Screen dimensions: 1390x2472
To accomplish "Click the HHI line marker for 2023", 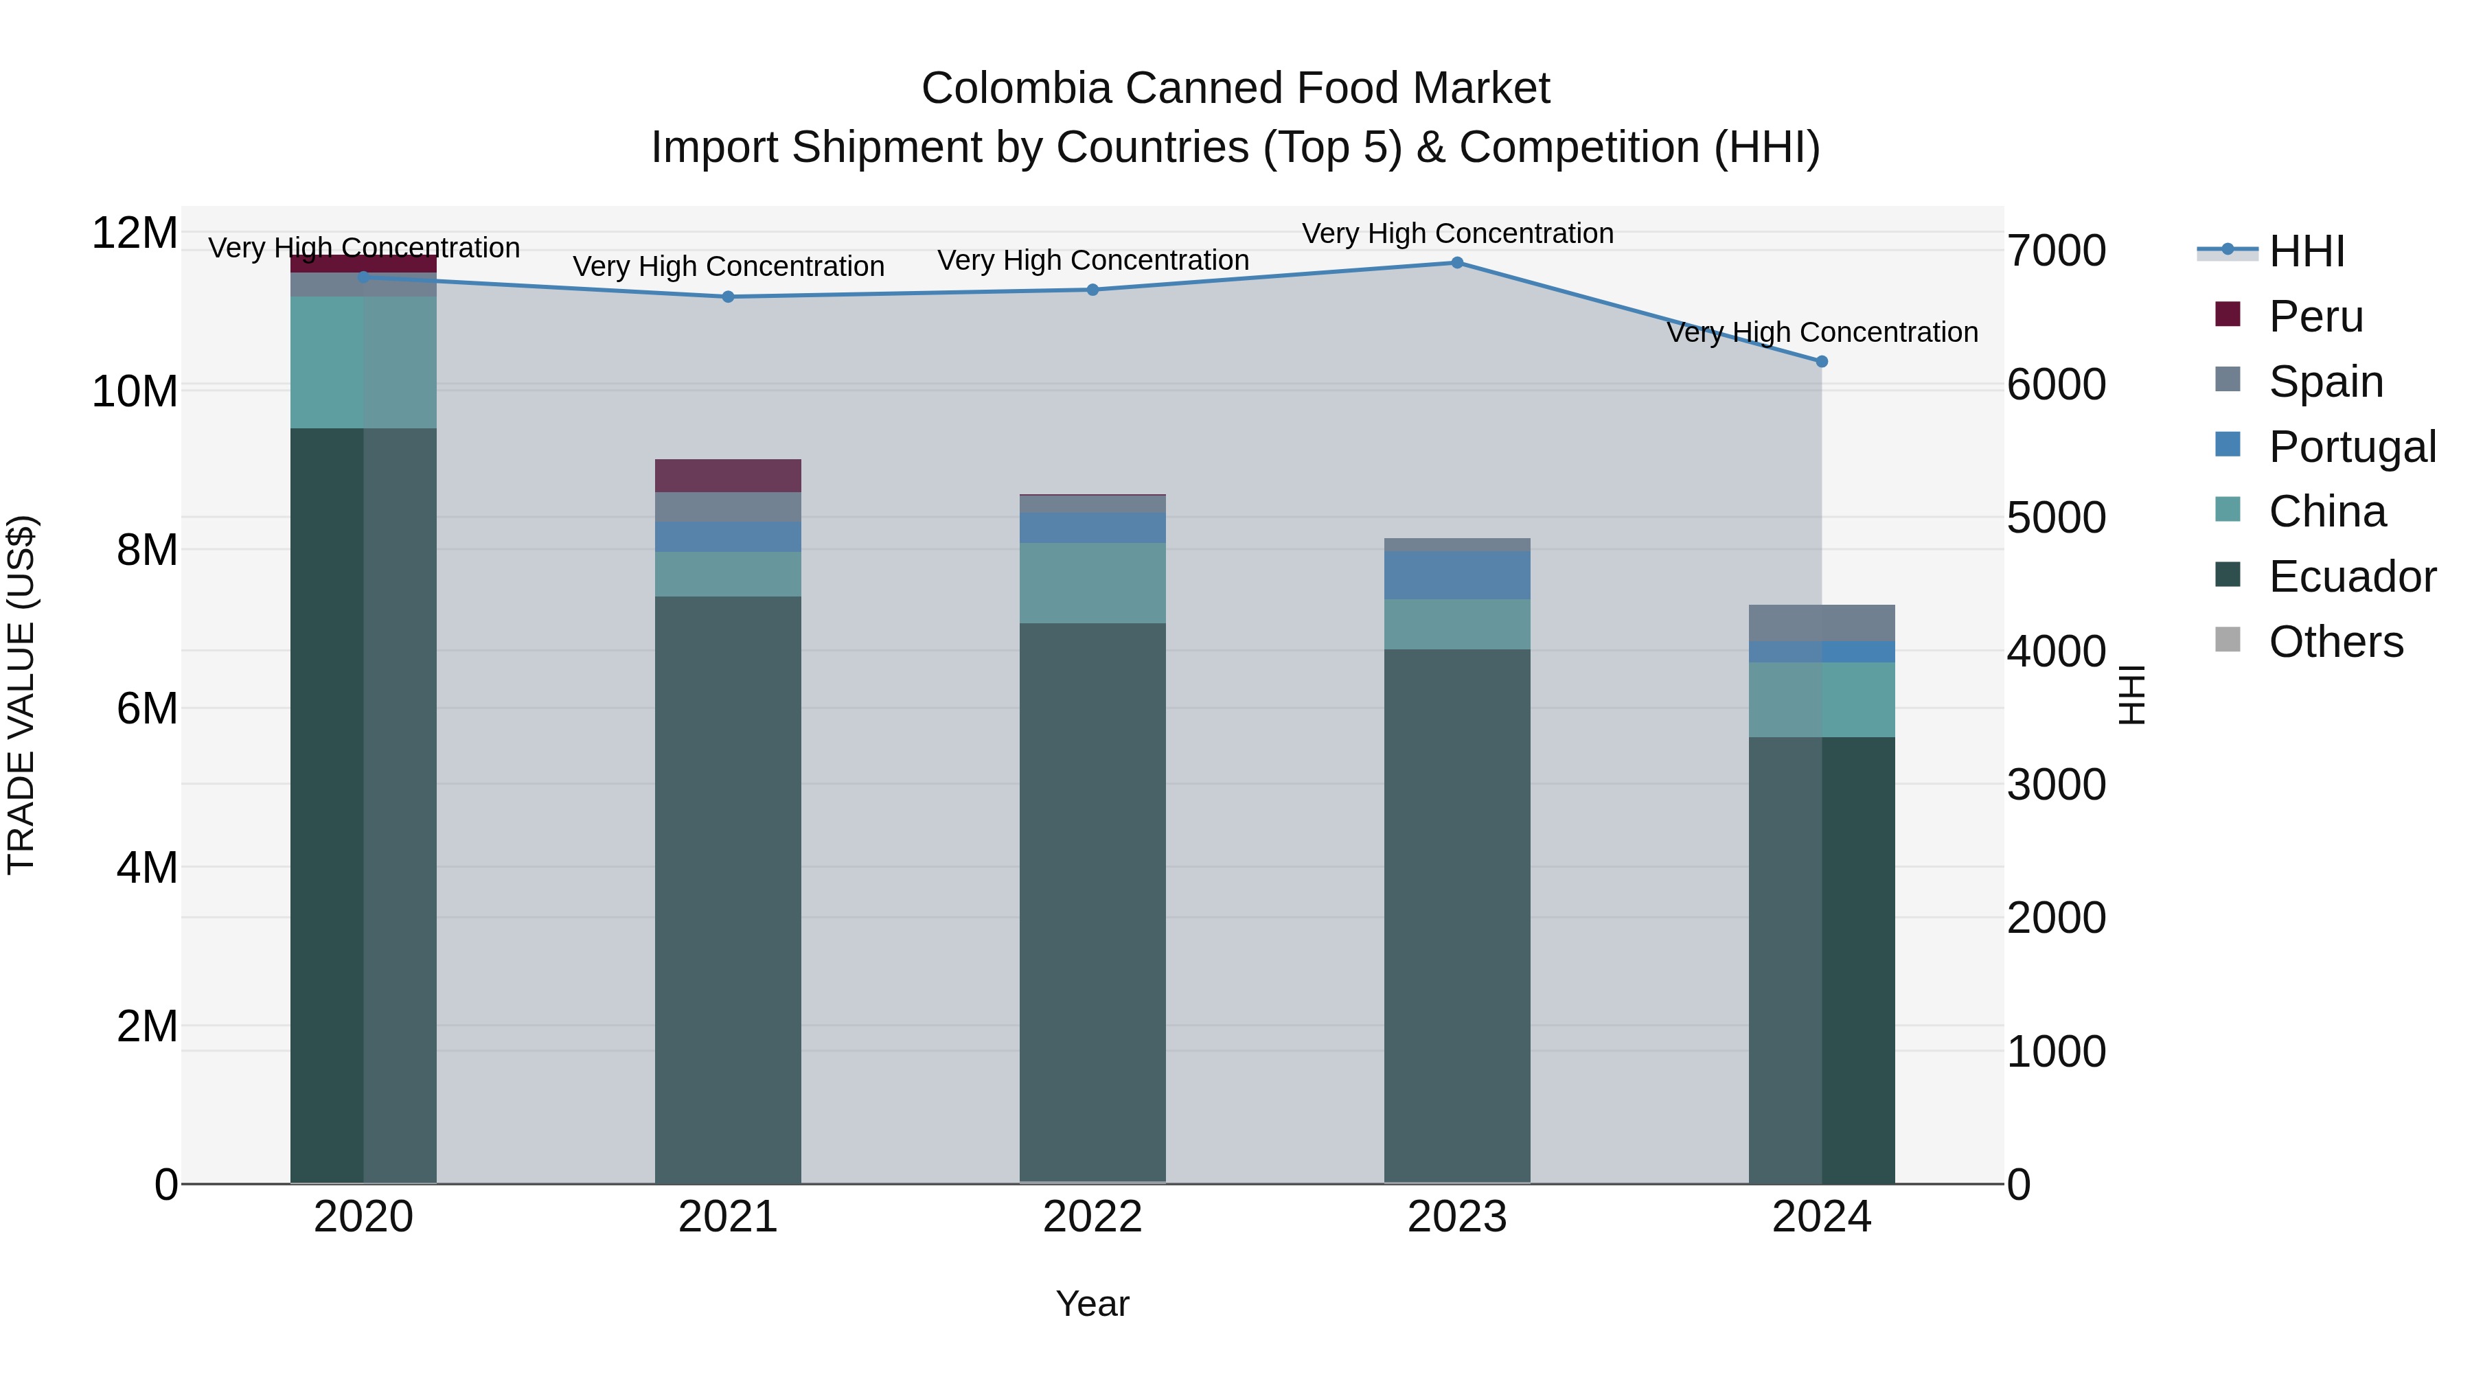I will (x=1456, y=263).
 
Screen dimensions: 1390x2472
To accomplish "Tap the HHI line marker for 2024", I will (x=1821, y=362).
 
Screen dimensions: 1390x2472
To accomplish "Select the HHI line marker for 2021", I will (x=727, y=297).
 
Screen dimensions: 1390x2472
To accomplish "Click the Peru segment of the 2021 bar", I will (x=727, y=476).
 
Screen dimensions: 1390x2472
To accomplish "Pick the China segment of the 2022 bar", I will (x=1092, y=583).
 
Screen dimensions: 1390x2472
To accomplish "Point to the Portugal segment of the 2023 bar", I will (x=1456, y=576).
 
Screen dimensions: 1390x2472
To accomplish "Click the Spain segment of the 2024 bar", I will (x=1821, y=623).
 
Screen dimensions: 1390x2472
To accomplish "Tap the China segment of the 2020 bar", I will (x=363, y=362).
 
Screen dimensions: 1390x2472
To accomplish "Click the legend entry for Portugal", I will (x=2351, y=447).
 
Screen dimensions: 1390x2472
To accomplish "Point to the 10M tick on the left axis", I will (x=135, y=391).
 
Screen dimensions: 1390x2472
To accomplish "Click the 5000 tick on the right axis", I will (x=2055, y=518).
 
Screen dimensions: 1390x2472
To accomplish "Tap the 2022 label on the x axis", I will (x=1092, y=1217).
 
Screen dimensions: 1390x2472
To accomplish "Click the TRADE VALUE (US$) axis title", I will (x=21, y=695).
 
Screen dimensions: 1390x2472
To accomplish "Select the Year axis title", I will (x=1092, y=1304).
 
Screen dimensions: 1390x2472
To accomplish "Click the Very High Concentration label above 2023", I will (x=1456, y=233).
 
